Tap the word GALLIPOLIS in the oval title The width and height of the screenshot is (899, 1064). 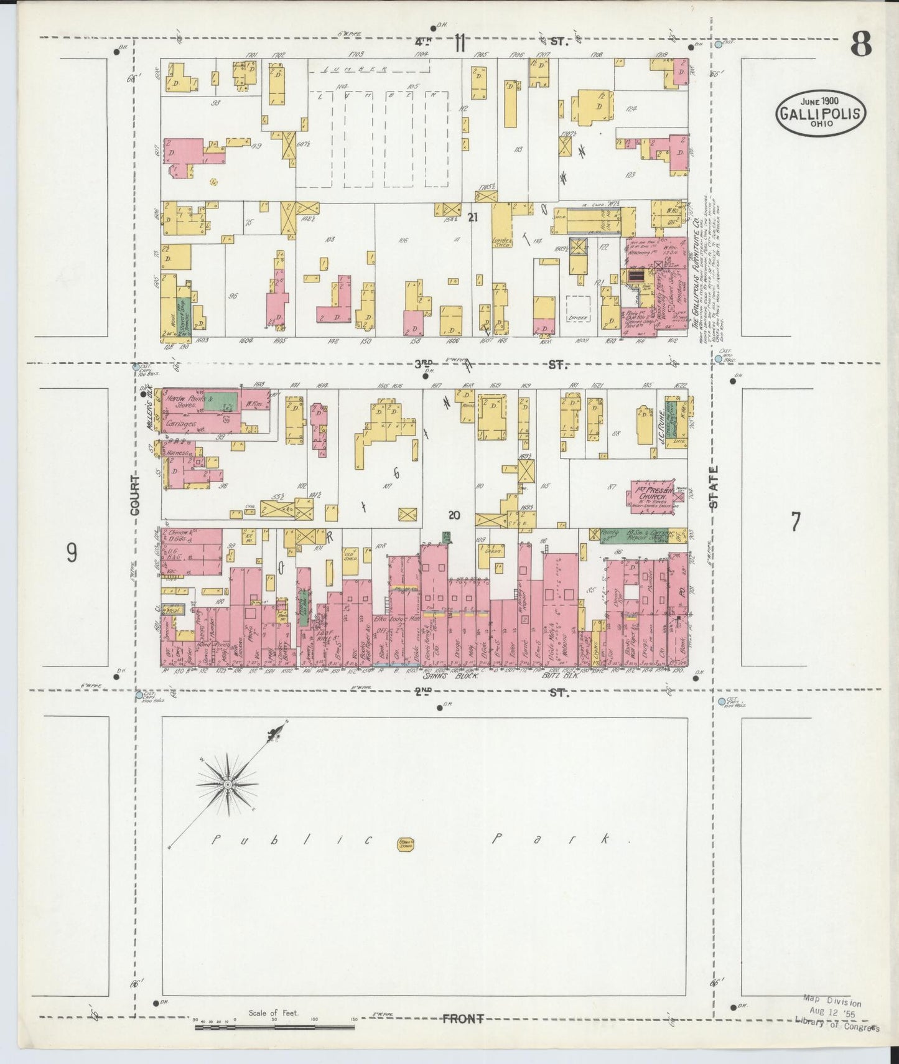point(820,113)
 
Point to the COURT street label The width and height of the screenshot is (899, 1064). point(136,495)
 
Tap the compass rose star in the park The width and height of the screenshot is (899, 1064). point(228,785)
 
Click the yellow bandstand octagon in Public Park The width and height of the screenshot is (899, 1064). point(406,844)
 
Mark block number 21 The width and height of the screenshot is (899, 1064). point(473,217)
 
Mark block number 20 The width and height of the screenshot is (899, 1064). point(454,515)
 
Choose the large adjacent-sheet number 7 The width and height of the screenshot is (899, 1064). point(794,521)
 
